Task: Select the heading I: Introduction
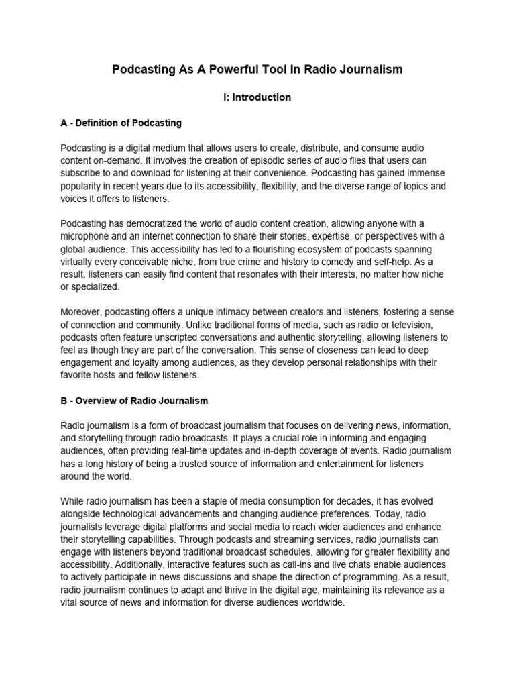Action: [x=257, y=97]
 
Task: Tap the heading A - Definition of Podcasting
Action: [x=121, y=124]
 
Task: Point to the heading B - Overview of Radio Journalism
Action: [x=134, y=401]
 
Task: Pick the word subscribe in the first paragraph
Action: [x=82, y=173]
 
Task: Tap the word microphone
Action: [x=87, y=235]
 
